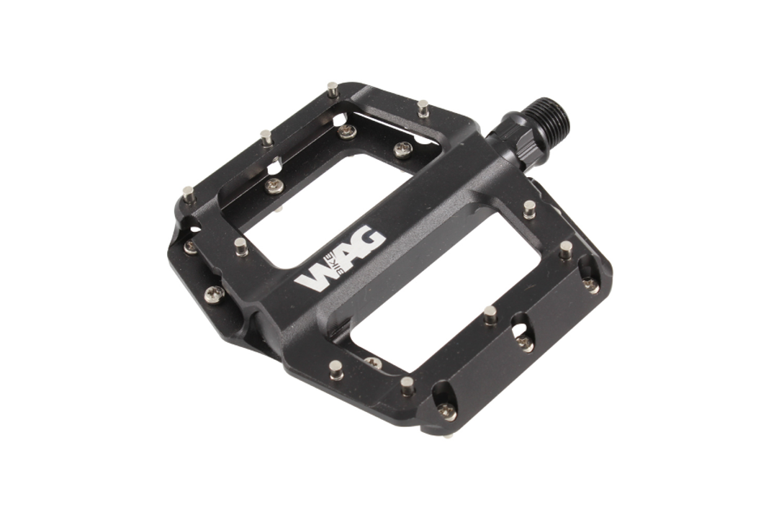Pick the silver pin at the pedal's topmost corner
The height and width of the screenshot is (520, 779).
tap(332, 90)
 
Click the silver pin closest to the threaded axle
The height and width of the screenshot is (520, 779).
tap(423, 108)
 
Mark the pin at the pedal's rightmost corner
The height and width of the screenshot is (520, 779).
tap(567, 249)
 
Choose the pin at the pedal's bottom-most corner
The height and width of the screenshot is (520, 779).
tap(407, 385)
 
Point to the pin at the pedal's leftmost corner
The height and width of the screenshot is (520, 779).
tap(188, 194)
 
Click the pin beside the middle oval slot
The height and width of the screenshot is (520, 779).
tap(490, 315)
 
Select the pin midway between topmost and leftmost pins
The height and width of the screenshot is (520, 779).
tap(267, 137)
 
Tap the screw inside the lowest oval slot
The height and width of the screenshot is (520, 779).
tap(447, 411)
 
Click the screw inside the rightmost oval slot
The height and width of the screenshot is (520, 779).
tap(590, 284)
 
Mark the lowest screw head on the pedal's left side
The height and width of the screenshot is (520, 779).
tap(214, 293)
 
